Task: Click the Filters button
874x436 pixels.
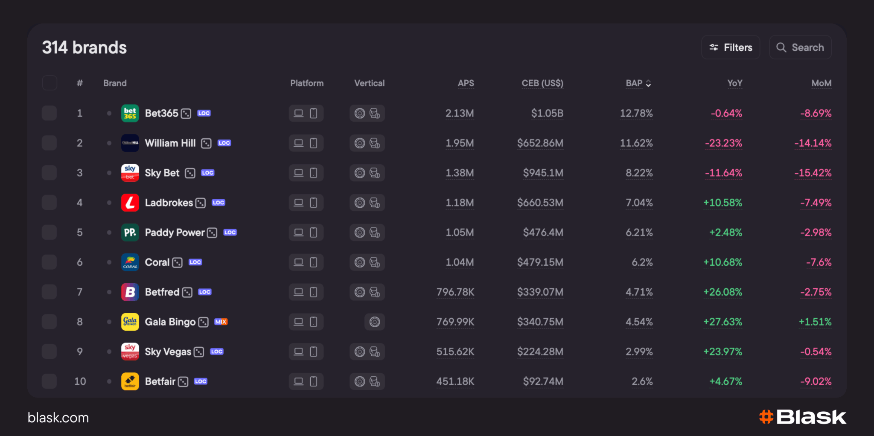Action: (x=730, y=47)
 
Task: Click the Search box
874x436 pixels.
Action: (x=800, y=47)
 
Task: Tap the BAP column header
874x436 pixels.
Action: (x=638, y=83)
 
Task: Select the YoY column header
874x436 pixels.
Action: (x=735, y=83)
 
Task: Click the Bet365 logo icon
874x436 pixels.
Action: (x=130, y=113)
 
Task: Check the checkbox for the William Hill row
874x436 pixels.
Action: (x=50, y=143)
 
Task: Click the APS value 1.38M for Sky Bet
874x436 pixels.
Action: (x=460, y=173)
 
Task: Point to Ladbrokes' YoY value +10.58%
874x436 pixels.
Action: (x=723, y=203)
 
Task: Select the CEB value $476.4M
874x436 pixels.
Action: (x=543, y=233)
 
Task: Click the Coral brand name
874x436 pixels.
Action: (x=157, y=262)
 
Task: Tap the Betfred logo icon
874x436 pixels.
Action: (x=130, y=292)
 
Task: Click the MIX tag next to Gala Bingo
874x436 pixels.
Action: (x=221, y=322)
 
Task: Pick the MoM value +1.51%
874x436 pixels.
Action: (x=815, y=322)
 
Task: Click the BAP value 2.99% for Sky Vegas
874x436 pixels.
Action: (x=639, y=352)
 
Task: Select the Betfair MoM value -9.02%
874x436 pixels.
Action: (x=816, y=381)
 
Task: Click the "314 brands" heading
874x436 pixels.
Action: (x=84, y=47)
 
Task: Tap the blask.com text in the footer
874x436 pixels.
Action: (x=58, y=418)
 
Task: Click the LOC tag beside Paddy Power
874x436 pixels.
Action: (x=230, y=233)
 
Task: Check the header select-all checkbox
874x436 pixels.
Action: (x=50, y=83)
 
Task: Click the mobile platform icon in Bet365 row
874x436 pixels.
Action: (x=313, y=113)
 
